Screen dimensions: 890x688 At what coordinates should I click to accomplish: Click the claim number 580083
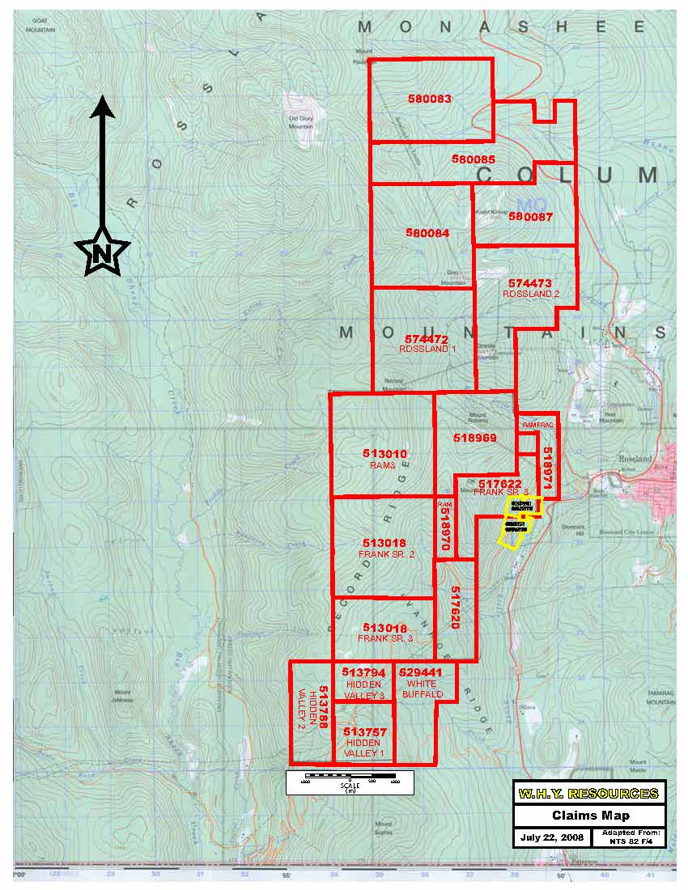click(430, 99)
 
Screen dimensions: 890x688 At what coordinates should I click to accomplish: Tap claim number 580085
click(474, 160)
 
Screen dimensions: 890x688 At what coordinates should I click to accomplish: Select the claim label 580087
click(530, 217)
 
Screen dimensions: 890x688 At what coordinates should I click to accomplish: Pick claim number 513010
click(384, 455)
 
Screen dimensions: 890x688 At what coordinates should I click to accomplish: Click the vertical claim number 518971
click(548, 467)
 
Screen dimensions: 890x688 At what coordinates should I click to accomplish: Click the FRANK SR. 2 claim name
click(386, 554)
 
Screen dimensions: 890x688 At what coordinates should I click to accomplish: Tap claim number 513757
click(364, 732)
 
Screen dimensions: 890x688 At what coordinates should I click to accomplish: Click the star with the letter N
click(102, 254)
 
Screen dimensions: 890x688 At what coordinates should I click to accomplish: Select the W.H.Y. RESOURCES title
click(589, 793)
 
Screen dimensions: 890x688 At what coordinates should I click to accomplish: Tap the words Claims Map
click(589, 816)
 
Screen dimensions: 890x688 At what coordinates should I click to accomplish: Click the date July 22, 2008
click(551, 837)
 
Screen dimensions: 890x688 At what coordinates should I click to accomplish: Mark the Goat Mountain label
click(40, 25)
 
